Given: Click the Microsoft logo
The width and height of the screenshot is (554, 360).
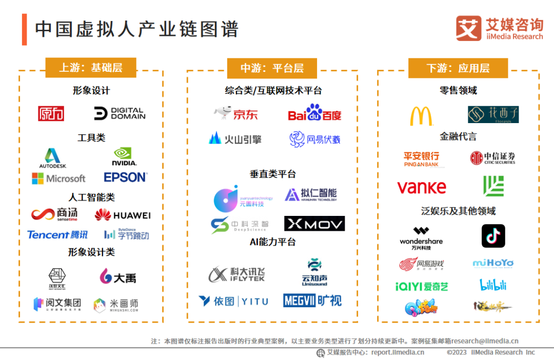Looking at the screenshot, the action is pos(58,178).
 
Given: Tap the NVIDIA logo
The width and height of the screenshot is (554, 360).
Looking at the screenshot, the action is pos(124,156).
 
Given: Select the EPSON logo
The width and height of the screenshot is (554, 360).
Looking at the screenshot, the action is pos(125,177).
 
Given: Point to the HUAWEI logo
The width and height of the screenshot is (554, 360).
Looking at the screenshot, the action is pos(123,215).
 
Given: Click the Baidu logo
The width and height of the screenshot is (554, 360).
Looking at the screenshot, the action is pos(314,113).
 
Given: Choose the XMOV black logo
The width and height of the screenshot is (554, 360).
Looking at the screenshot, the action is pos(314,224).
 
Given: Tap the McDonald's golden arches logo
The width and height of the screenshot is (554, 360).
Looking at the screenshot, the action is pos(421,116).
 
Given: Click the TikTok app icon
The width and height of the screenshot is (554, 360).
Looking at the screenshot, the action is pos(493,236).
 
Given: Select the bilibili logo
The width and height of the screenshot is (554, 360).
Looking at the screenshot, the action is pos(493,285).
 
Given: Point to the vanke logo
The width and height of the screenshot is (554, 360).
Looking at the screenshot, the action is pos(422,187).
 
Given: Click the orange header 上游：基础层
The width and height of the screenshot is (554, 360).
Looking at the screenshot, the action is pos(91,68).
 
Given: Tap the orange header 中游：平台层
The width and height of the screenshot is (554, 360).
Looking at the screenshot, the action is pos(272,68).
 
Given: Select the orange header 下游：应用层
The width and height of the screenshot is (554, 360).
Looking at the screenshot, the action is pos(458,68).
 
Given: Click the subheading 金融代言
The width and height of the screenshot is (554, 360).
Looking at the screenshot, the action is pos(458,136).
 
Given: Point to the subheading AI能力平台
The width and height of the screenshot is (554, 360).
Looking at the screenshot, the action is pos(272,242).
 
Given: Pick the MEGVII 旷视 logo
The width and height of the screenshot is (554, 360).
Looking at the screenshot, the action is pos(312,301).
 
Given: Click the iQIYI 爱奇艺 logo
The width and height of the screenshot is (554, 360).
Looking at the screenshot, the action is pos(422,286).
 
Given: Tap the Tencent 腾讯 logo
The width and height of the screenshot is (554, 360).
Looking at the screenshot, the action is pos(57,235).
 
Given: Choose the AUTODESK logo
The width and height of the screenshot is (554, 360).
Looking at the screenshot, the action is pos(53,158).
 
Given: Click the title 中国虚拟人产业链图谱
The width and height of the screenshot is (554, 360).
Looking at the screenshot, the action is pos(137,29).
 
